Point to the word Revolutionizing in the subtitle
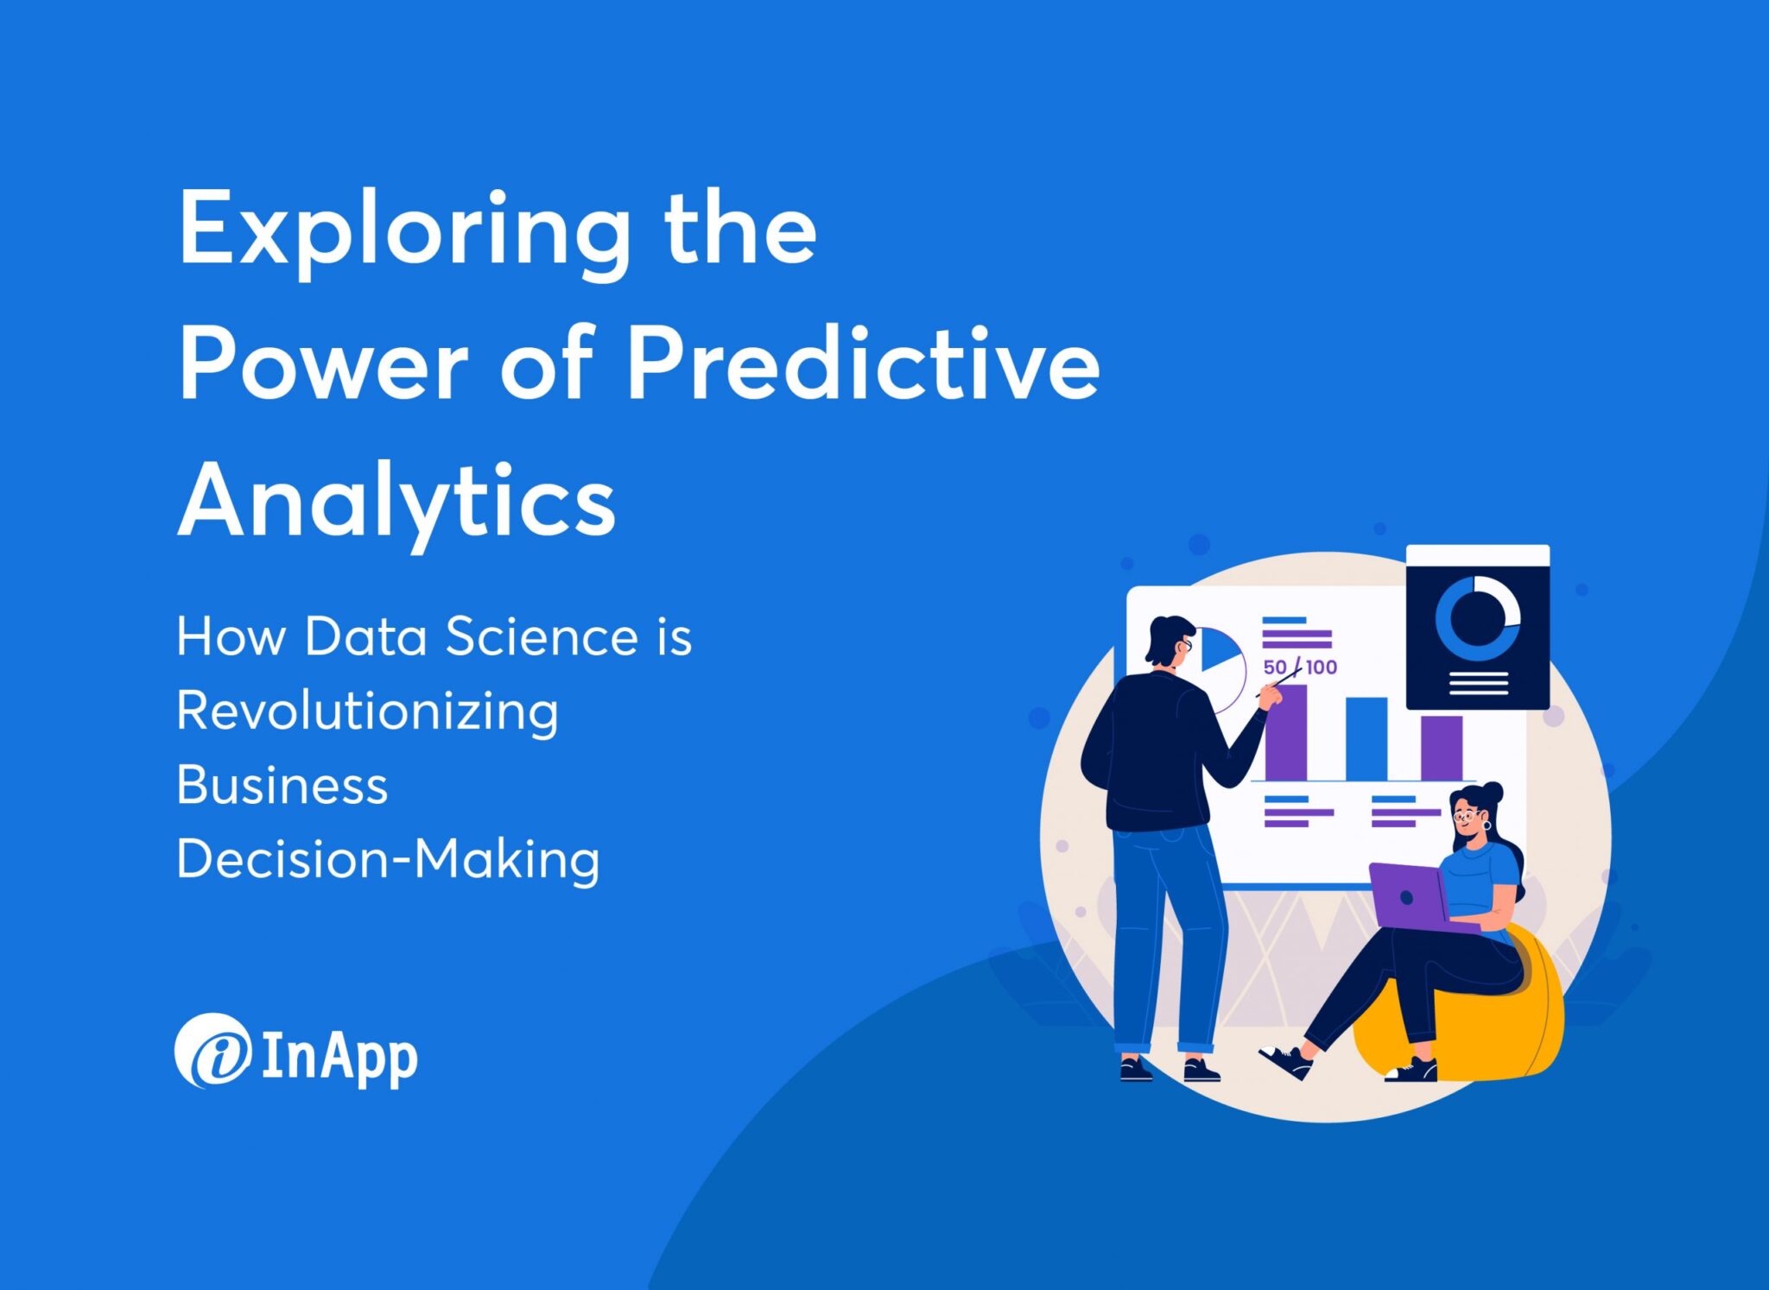367,713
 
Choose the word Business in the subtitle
282,786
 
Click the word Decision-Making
388,860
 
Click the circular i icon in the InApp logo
212,1050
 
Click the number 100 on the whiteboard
1322,667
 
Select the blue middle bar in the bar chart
1366,737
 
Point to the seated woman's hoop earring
1487,825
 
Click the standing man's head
1170,639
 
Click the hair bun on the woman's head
1492,790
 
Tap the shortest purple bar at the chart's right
1442,747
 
